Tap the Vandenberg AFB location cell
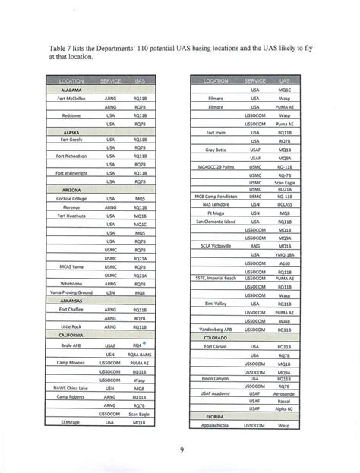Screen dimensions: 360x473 (x=216, y=330)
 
